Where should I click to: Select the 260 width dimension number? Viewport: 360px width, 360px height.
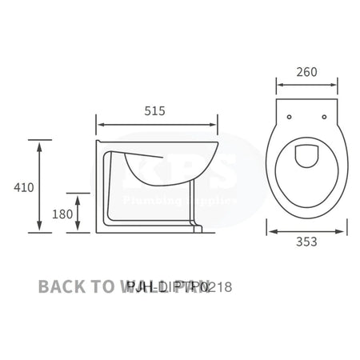[306, 72]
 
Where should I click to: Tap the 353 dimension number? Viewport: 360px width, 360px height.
[307, 241]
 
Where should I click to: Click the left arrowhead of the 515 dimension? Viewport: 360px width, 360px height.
[99, 125]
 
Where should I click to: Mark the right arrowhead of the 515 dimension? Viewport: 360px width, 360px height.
[214, 125]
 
